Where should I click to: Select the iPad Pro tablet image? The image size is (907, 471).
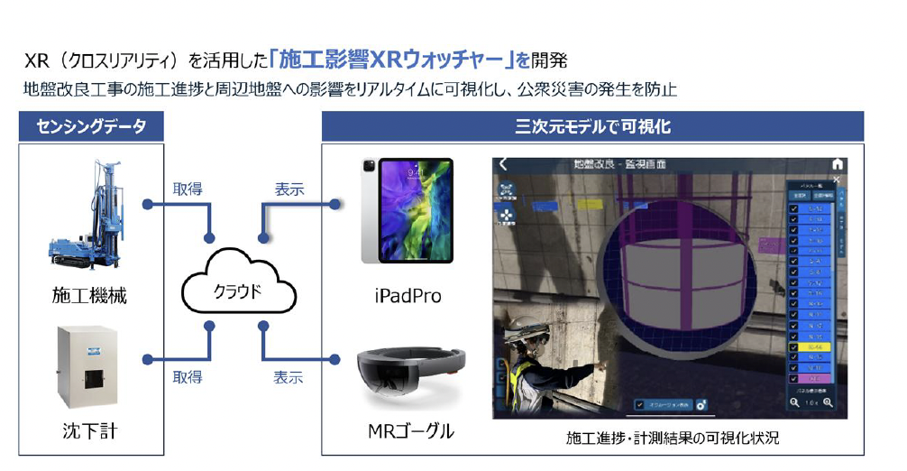coord(407,211)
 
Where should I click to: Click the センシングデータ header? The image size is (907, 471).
coord(91,126)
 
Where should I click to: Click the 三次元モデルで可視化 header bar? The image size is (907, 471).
coord(592,126)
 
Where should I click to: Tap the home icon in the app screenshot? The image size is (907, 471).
coord(837,164)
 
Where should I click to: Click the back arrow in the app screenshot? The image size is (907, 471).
coord(503,164)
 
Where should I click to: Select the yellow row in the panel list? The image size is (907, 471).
coord(815,345)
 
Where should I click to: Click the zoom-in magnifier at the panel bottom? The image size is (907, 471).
coord(827,403)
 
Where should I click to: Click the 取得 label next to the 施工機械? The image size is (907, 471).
coord(187,189)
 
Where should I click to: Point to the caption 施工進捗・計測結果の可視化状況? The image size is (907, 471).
coord(671,439)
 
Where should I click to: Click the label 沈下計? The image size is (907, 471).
coord(89,431)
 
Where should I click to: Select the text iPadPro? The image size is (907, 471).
coord(407,295)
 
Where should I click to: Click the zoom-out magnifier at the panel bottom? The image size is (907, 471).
coord(794,403)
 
